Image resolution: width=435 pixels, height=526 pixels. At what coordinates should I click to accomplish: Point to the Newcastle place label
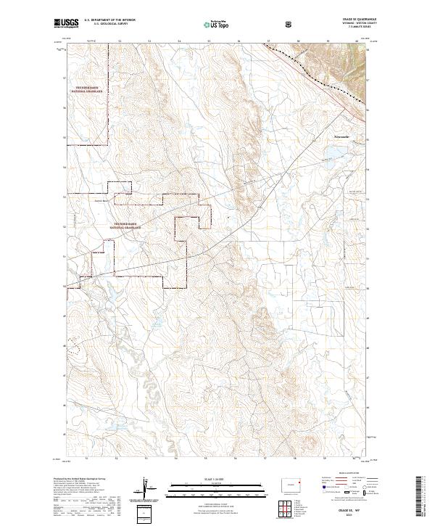(341, 136)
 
